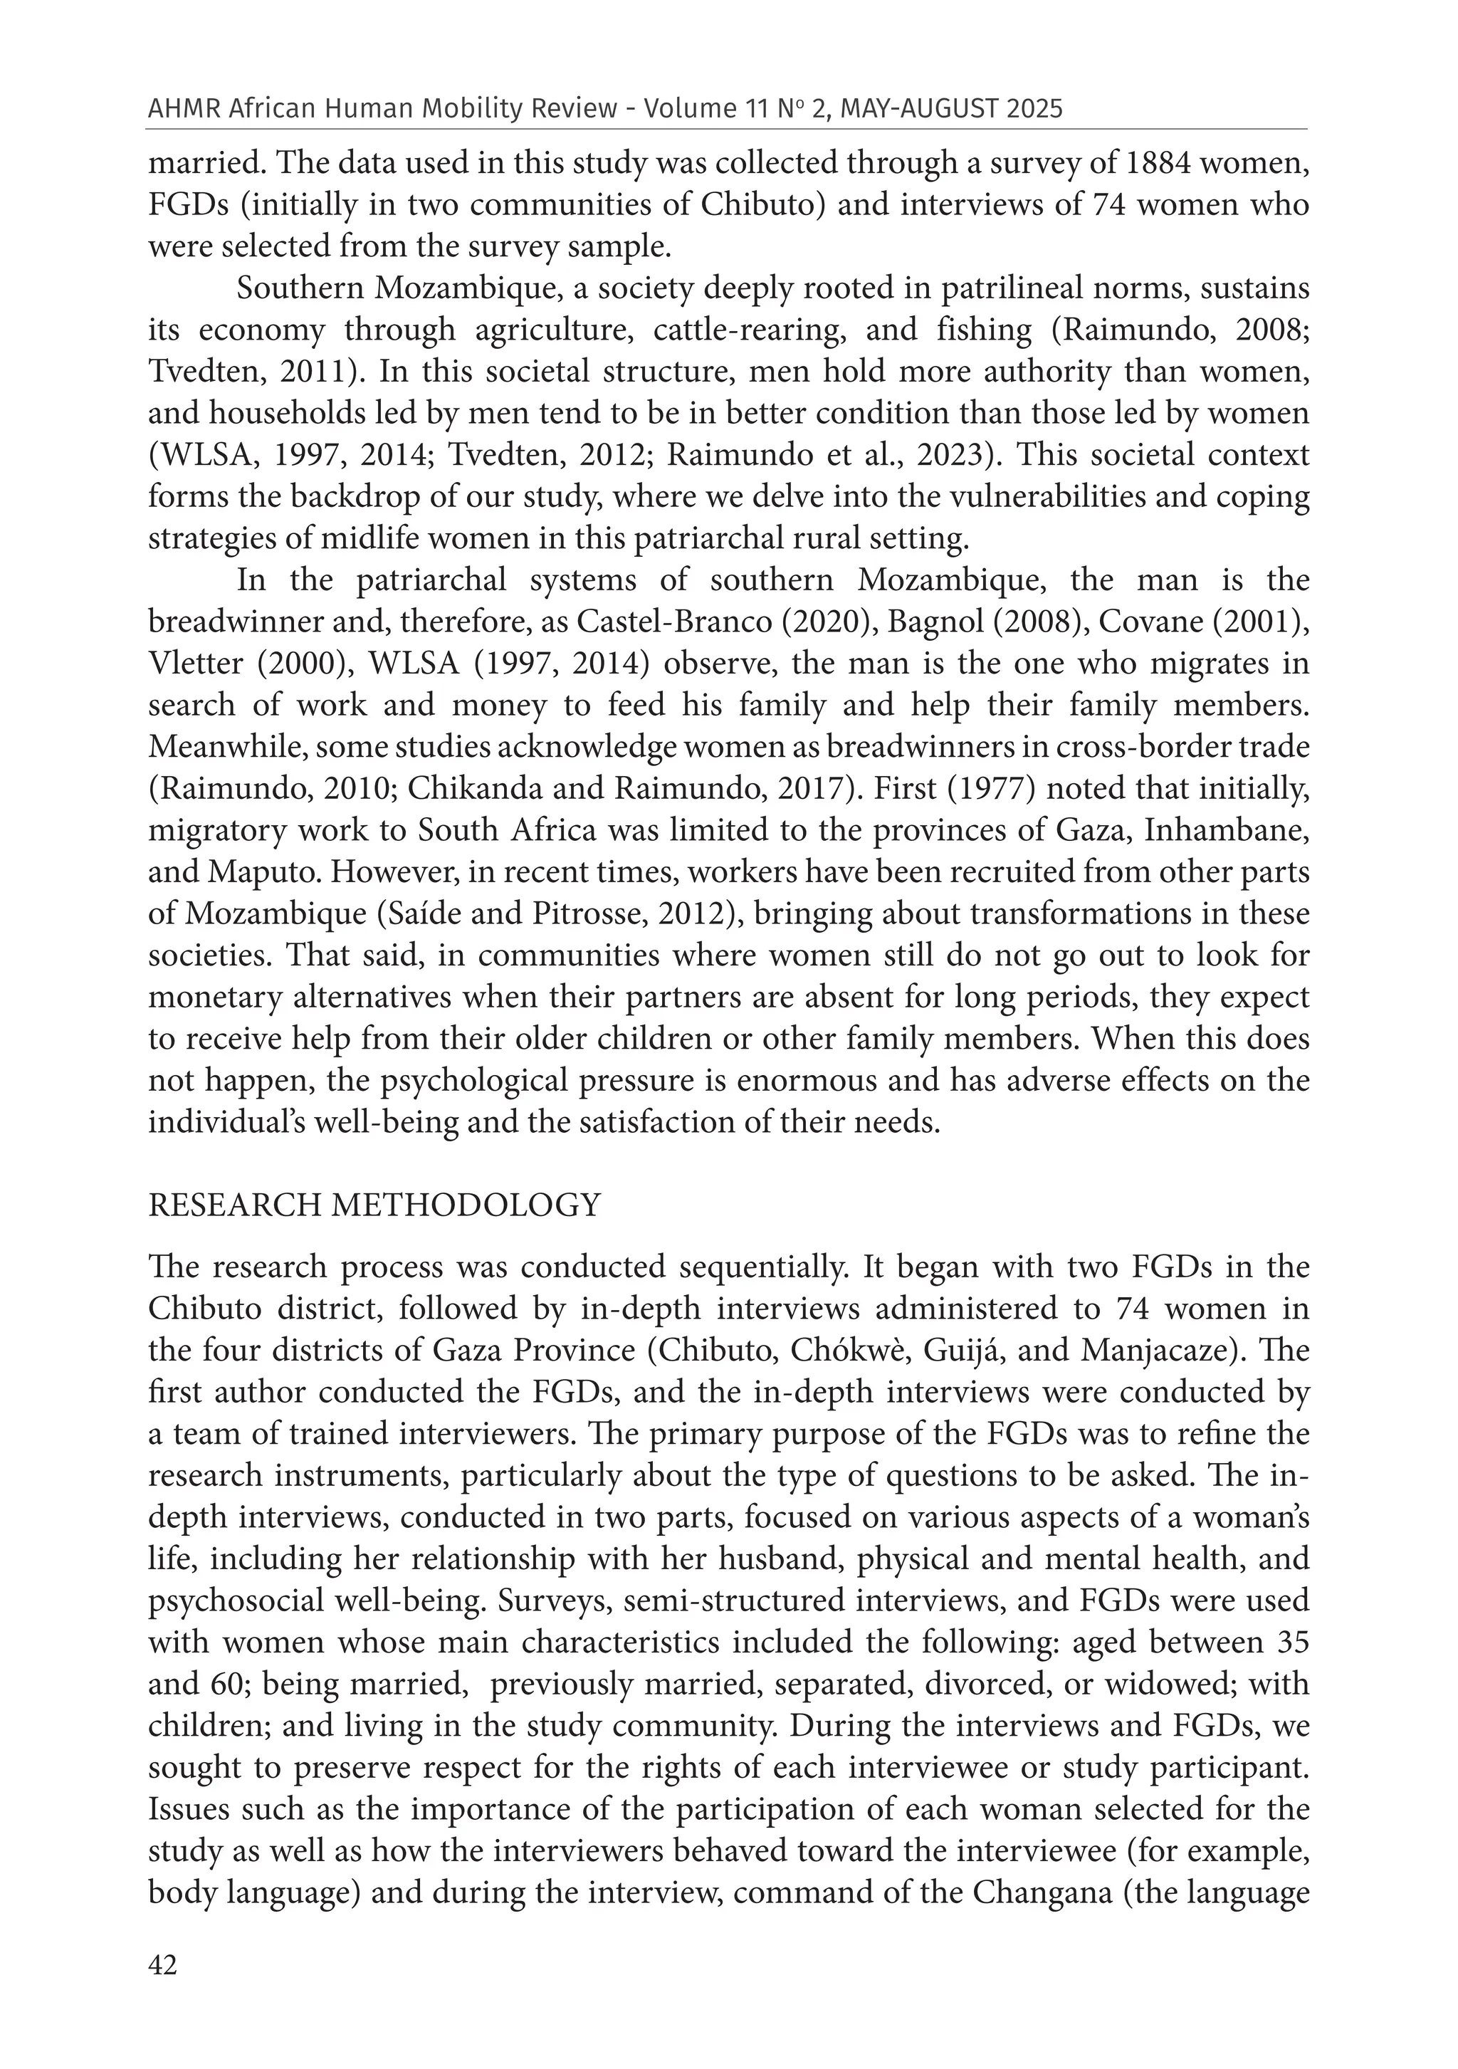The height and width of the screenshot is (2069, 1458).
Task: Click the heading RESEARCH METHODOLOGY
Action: tap(374, 1205)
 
